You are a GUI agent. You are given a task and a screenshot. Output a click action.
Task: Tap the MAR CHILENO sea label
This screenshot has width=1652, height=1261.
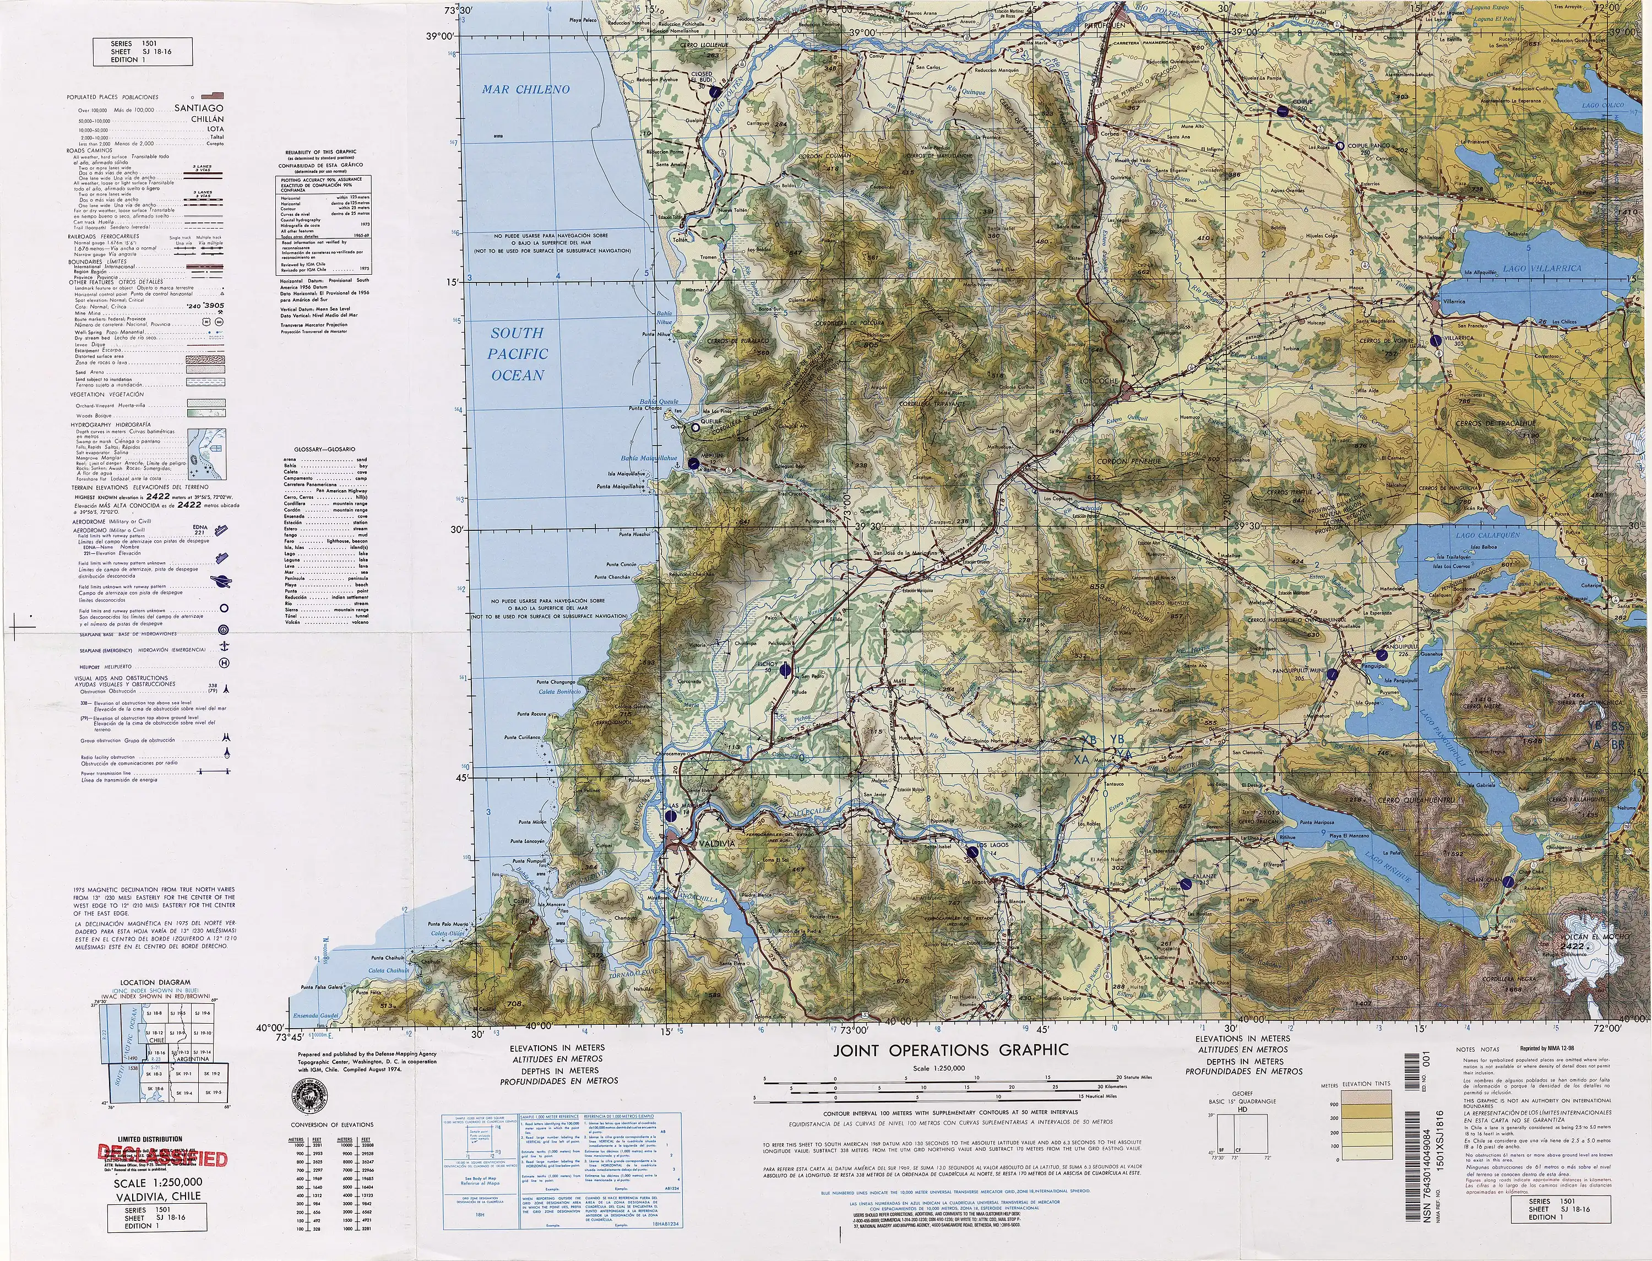pos(525,89)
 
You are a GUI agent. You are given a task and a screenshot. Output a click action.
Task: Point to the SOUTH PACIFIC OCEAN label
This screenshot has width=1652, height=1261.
pos(518,354)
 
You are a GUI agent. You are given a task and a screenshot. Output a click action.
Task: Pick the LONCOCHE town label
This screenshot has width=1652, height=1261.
pos(1098,381)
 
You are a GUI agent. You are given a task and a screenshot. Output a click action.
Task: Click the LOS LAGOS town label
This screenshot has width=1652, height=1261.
pos(992,845)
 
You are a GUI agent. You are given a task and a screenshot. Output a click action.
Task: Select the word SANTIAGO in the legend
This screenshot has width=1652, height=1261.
pos(199,108)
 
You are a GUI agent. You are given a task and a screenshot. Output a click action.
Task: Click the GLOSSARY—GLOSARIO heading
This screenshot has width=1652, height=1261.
pos(324,449)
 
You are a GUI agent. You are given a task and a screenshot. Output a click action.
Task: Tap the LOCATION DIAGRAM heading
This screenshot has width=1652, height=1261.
pos(155,982)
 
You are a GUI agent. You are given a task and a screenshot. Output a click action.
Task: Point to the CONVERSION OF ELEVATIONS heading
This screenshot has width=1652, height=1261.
pos(332,1124)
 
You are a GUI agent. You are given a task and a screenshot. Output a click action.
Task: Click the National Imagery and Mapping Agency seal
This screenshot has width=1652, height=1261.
pos(308,1094)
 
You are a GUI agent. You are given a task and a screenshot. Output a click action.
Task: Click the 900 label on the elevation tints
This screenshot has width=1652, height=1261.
pos(1334,1104)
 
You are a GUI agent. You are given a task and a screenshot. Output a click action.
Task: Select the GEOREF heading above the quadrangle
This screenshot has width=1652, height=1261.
pos(1242,1094)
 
